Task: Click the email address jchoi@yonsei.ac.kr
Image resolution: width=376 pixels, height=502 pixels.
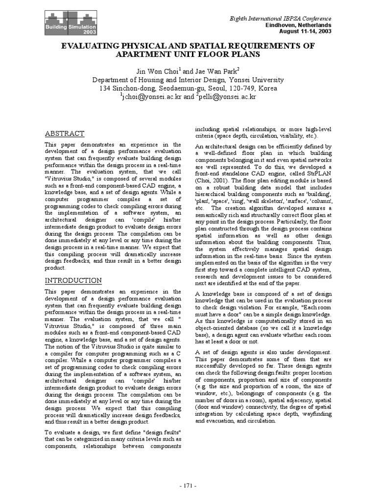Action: coord(150,98)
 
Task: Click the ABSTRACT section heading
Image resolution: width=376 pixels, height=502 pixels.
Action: coord(65,134)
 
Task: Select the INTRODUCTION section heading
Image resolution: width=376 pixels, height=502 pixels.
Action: coord(73,280)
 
